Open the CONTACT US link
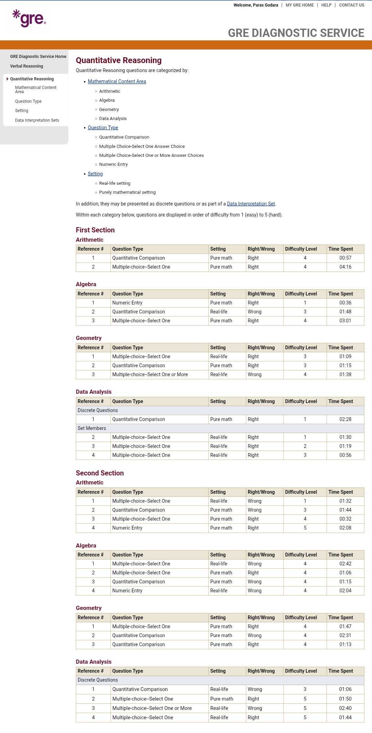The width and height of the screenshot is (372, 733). pos(351,5)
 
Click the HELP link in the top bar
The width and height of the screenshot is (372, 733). pos(326,5)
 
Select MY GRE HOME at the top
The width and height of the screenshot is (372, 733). pos(300,5)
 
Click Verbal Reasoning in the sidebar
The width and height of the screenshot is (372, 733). pos(27,66)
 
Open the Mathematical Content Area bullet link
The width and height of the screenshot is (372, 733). pos(117,81)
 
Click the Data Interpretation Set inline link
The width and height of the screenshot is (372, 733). pos(251,204)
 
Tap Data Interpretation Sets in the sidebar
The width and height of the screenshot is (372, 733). pos(37,120)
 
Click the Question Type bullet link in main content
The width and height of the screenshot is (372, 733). pos(103,128)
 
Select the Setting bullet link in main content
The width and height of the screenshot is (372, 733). pos(95,174)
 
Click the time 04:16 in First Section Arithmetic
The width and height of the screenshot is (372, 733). pos(345,267)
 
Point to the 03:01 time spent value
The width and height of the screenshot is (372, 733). pos(345,321)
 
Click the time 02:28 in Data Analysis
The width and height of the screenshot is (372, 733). pos(345,419)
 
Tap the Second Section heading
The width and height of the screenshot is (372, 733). pos(100,473)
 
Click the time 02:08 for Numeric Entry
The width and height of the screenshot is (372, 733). pos(345,528)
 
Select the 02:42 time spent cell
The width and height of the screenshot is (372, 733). pos(345,564)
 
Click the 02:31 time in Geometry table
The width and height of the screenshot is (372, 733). pos(345,635)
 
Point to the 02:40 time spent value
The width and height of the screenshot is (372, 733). pos(345,708)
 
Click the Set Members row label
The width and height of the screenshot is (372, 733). pos(92,428)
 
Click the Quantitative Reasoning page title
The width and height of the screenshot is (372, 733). pos(118,60)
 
